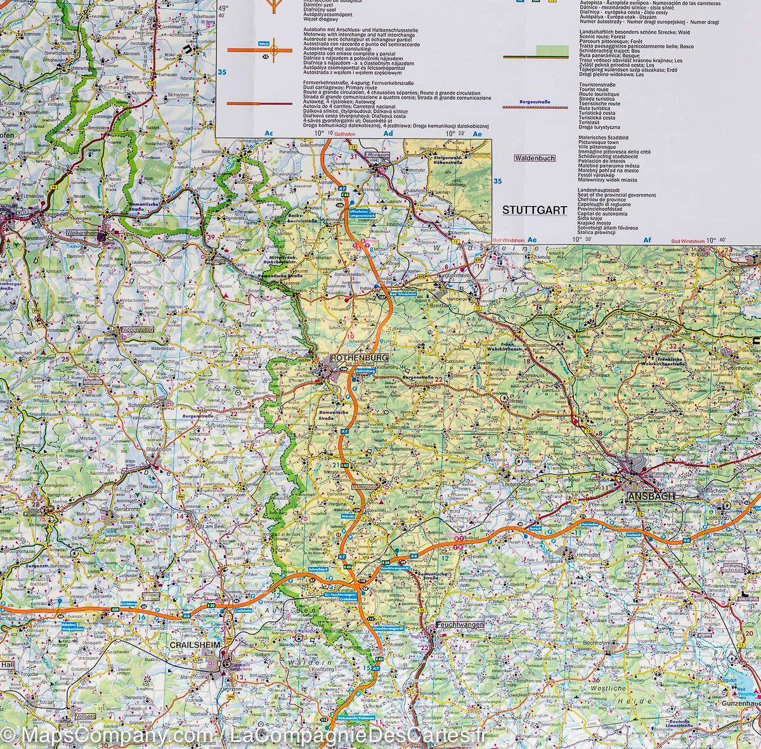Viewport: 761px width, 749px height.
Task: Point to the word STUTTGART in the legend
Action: (534, 210)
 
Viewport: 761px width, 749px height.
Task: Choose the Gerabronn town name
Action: (125, 509)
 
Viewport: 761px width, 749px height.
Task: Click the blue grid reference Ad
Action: (389, 134)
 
